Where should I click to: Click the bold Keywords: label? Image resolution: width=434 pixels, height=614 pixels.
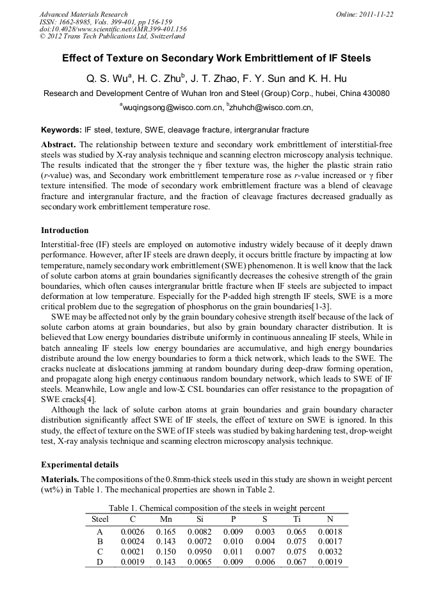click(x=61, y=130)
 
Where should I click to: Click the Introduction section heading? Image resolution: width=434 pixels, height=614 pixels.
click(x=65, y=230)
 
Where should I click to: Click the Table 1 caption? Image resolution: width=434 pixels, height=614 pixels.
click(x=216, y=508)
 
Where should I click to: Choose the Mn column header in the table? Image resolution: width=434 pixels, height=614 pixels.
click(x=166, y=519)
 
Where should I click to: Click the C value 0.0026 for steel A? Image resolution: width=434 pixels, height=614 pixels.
click(x=133, y=531)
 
